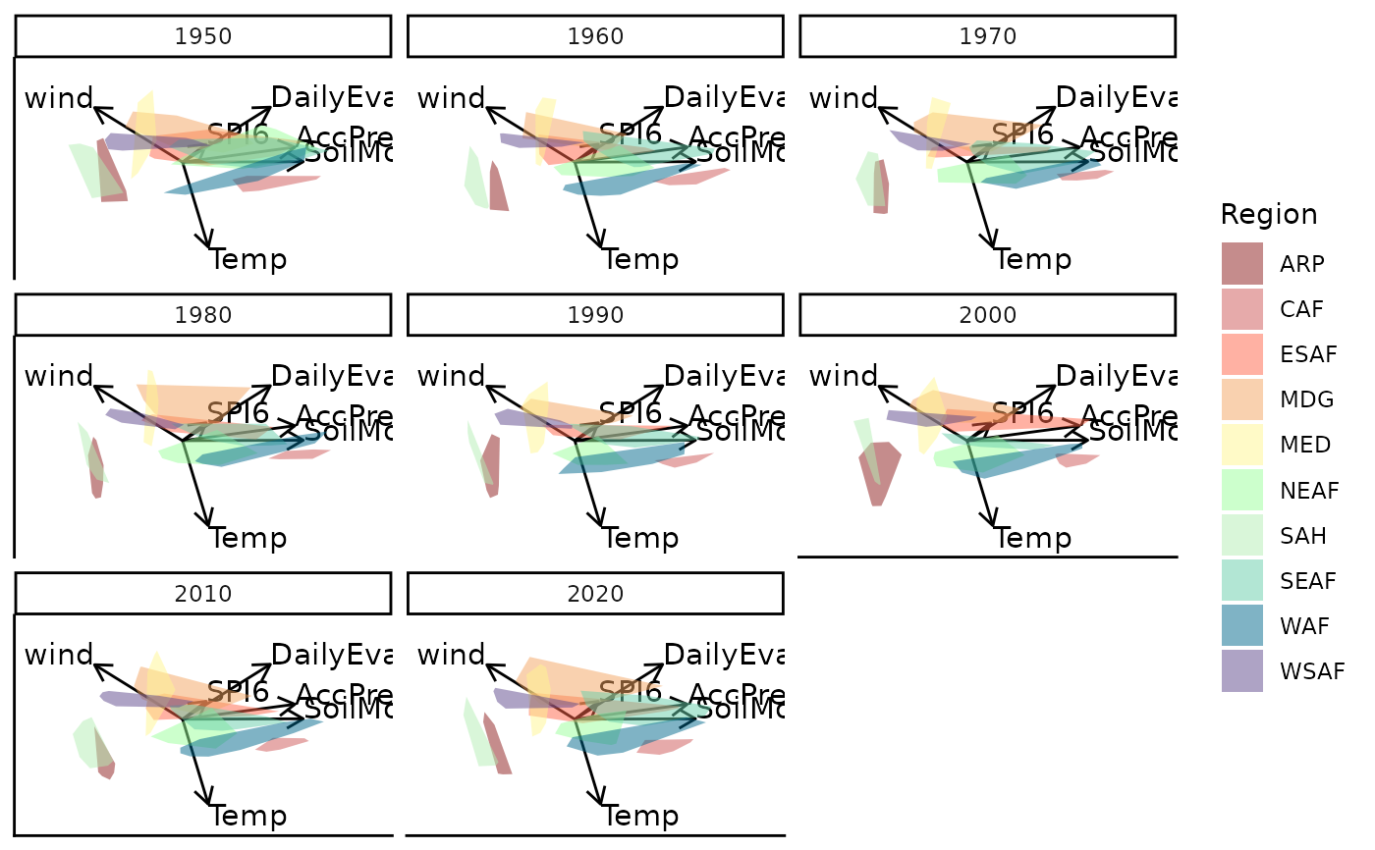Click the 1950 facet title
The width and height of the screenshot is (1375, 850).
click(203, 37)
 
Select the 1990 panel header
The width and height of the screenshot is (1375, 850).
click(595, 315)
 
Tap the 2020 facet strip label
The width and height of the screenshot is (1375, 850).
click(595, 593)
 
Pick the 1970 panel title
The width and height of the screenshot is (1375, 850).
click(988, 37)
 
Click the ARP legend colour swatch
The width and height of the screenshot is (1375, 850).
click(1242, 263)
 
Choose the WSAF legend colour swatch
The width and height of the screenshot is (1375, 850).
click(1242, 671)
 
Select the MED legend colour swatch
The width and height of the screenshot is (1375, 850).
click(1242, 445)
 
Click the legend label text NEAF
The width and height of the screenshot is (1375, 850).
click(1310, 490)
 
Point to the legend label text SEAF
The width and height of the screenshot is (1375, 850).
click(1308, 581)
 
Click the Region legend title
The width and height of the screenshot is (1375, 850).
click(1269, 214)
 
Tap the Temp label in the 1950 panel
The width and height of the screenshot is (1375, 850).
click(248, 260)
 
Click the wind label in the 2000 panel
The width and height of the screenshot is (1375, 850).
click(844, 376)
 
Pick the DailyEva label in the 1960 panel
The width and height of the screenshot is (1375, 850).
click(723, 97)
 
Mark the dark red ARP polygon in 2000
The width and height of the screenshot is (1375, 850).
click(878, 471)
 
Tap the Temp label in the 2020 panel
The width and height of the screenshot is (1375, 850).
click(640, 816)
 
